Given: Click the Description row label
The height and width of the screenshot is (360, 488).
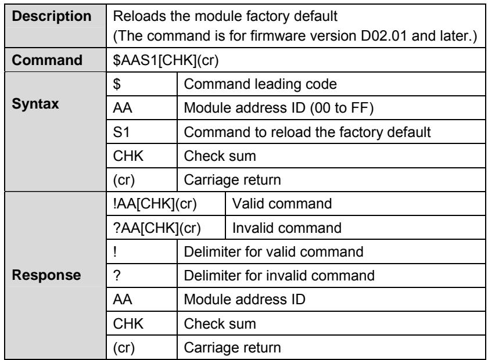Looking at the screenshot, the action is point(52,16).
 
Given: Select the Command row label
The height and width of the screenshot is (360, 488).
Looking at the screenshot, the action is point(47,60).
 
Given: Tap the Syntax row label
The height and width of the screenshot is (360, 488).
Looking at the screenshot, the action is point(35,104).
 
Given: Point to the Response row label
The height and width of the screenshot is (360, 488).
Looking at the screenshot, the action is point(46,275).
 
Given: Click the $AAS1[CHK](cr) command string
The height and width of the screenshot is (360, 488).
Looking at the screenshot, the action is point(166,60).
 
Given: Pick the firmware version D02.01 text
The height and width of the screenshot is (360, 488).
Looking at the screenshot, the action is point(384,36).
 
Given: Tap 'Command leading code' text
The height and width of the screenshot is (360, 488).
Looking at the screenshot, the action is point(260,84).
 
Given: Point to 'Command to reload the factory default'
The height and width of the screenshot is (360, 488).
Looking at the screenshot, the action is point(307,132).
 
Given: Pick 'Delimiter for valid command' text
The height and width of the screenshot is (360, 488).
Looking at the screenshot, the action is point(274,252).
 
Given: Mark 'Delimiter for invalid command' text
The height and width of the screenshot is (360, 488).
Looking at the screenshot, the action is point(279,276).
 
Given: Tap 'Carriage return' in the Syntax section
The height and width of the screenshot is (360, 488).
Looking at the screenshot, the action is point(232,180).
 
